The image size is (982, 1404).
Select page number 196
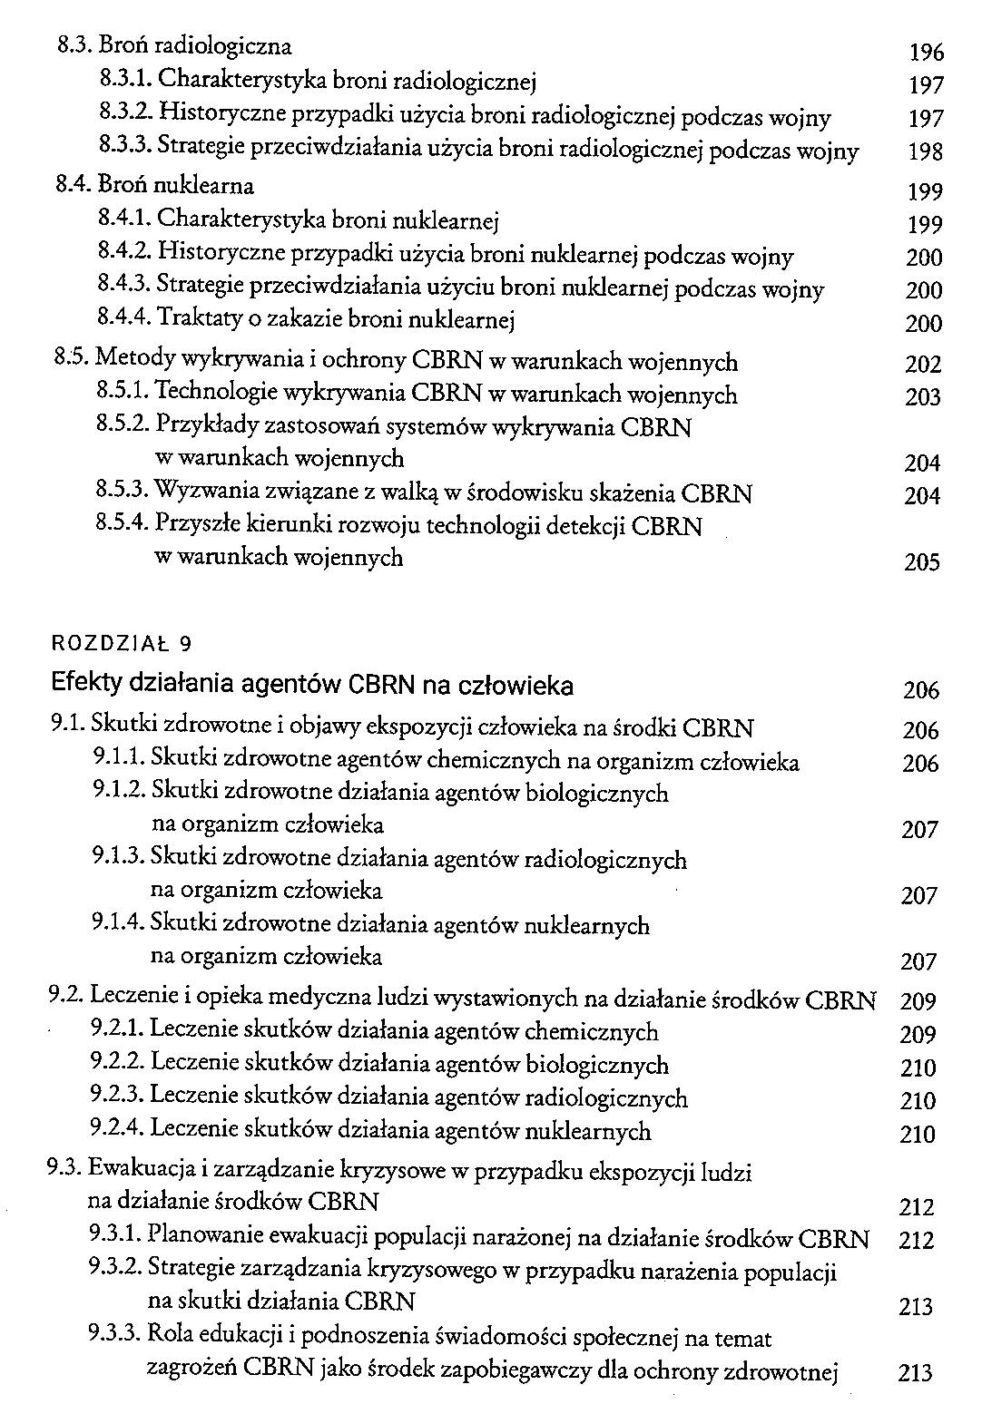(926, 53)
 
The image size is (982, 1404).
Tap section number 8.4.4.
(123, 319)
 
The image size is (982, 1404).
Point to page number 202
(923, 365)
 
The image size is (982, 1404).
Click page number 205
(922, 562)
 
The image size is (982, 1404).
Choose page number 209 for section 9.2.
(918, 1002)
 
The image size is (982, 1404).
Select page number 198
(926, 151)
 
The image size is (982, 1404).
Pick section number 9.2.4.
(117, 1130)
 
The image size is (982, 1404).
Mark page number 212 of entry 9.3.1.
(915, 1240)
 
